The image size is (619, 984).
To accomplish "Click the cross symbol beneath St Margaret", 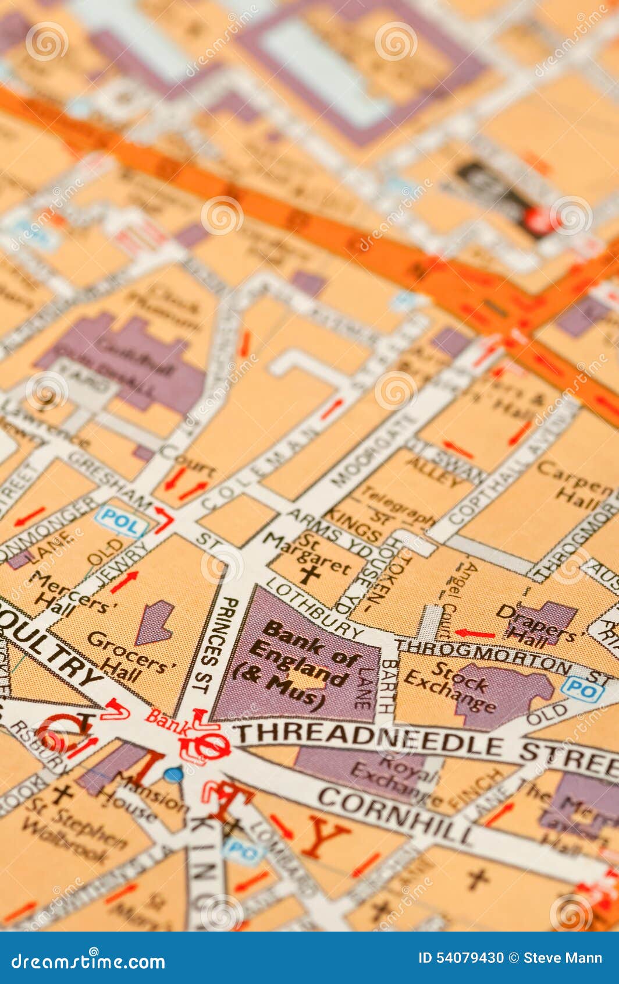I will point(310,575).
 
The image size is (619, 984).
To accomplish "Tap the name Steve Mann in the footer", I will point(563,958).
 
